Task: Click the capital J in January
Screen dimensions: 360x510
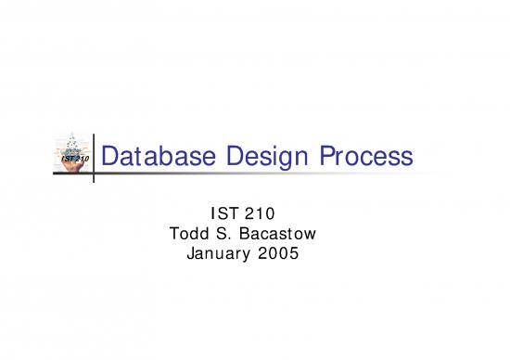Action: tap(190, 250)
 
